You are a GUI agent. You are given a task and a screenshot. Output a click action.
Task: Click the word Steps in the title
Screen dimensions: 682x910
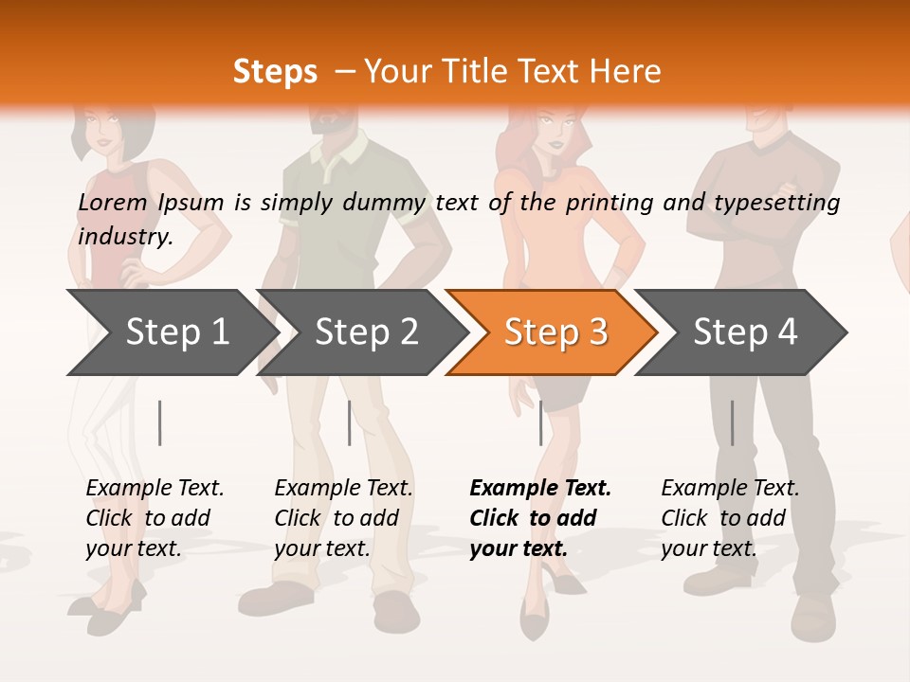pos(275,72)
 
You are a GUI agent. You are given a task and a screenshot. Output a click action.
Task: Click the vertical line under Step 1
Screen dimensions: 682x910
pos(160,422)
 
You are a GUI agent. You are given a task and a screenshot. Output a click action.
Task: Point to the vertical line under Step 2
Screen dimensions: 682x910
pos(350,422)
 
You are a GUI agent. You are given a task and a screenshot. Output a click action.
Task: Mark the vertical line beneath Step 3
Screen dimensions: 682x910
pos(541,422)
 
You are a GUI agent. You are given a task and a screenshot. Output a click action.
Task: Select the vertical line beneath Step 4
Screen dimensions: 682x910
pos(732,422)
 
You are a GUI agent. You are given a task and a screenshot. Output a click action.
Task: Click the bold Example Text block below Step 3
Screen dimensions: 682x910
pos(540,518)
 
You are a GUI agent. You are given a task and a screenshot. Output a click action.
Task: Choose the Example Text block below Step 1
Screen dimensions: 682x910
pos(155,518)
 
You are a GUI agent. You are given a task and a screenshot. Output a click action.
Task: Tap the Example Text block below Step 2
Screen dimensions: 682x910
pos(343,518)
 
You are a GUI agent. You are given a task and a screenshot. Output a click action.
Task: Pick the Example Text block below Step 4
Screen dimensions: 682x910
pos(730,518)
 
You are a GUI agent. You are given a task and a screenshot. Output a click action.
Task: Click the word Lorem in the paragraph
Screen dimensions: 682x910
pos(113,203)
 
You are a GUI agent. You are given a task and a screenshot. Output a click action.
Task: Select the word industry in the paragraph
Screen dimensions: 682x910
pos(125,236)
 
